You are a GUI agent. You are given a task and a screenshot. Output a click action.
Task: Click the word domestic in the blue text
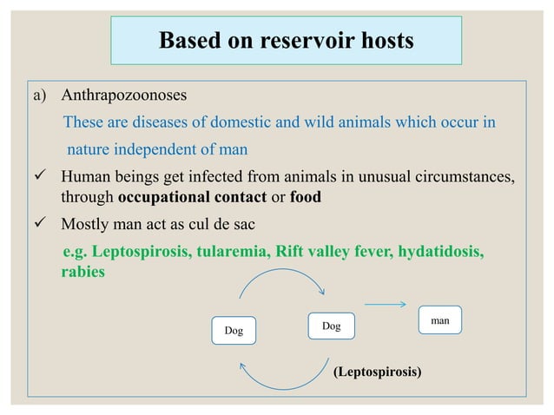point(251,122)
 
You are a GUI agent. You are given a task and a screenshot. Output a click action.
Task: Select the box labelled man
point(439,319)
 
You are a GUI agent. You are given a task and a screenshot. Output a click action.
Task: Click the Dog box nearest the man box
point(331,326)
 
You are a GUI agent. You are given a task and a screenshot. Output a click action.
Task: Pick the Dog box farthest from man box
point(234,330)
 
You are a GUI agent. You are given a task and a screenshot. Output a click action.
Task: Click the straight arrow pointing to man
point(385,304)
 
